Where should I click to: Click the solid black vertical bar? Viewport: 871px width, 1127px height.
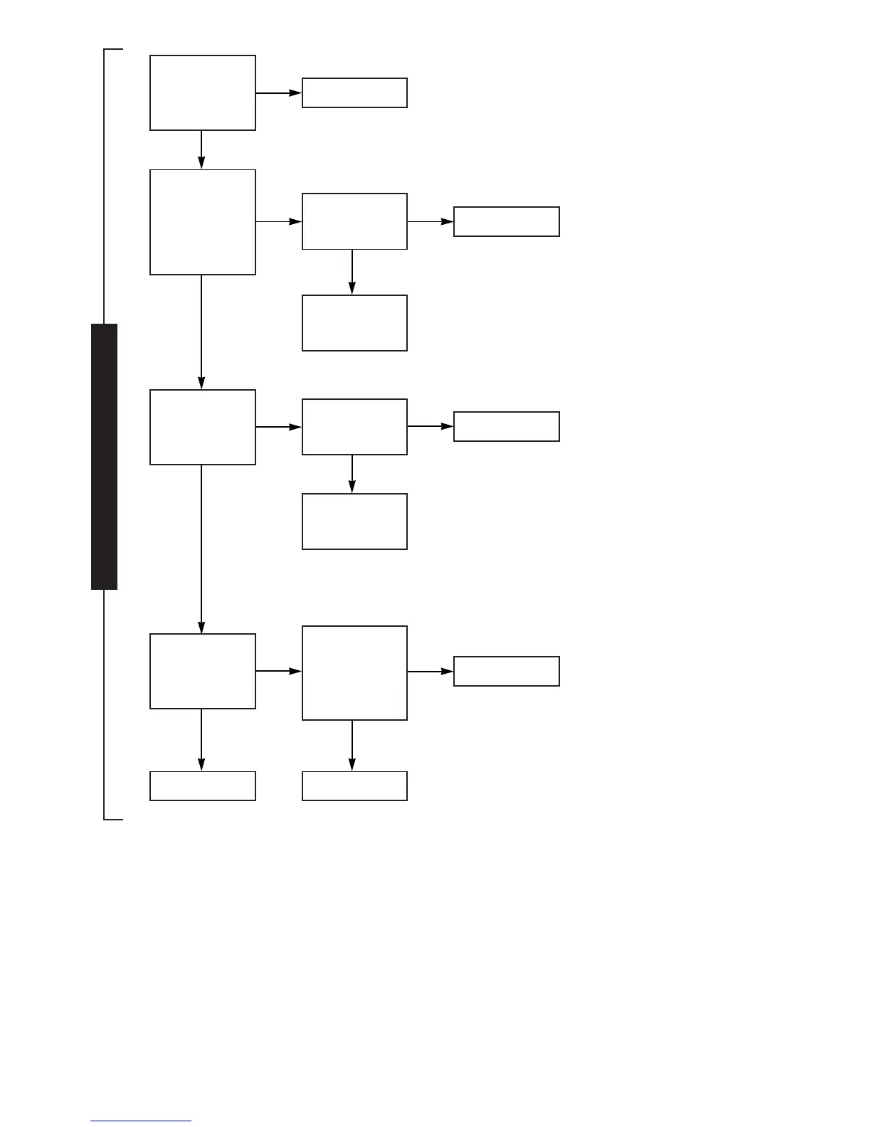[104, 456]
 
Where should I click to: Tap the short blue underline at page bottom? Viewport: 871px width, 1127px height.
[141, 1121]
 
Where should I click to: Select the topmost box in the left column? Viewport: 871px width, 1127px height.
[202, 92]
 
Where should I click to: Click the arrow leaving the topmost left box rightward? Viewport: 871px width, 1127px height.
[278, 92]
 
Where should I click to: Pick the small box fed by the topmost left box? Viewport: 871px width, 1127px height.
[354, 92]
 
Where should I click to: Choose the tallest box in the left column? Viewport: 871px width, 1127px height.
[202, 222]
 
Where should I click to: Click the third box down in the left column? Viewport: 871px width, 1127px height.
[202, 427]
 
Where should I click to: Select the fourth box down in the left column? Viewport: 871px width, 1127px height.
[202, 671]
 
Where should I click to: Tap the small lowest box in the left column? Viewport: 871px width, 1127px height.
[202, 785]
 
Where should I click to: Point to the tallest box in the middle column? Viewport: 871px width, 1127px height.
[354, 673]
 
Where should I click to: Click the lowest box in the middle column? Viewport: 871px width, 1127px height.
[354, 785]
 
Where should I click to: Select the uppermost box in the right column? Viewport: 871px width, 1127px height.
[506, 221]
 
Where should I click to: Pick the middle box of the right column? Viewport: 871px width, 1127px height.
[506, 426]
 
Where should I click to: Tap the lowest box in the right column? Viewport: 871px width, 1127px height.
[506, 671]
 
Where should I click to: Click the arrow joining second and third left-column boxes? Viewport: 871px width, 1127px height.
[201, 332]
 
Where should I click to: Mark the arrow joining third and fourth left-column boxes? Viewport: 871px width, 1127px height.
[201, 549]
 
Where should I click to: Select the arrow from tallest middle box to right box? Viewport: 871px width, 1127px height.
[430, 671]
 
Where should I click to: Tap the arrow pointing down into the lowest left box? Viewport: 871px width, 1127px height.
[201, 739]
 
